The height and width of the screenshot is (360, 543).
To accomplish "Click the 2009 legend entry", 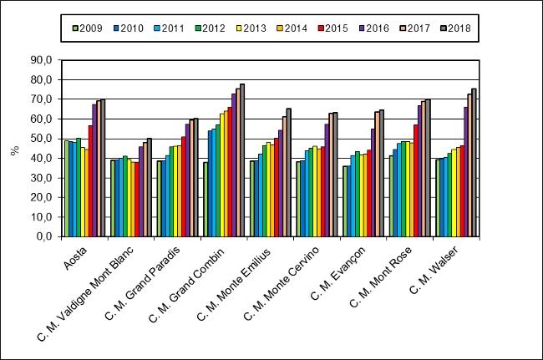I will click(86, 28).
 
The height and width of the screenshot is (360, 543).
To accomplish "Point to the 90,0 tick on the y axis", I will click(41, 59).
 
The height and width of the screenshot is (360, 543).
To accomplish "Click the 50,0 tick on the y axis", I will click(41, 138).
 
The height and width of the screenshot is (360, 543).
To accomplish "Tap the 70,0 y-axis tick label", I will click(41, 99).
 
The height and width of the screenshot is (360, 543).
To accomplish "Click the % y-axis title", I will click(14, 150).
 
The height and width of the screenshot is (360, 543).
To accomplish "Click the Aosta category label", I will click(76, 254).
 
